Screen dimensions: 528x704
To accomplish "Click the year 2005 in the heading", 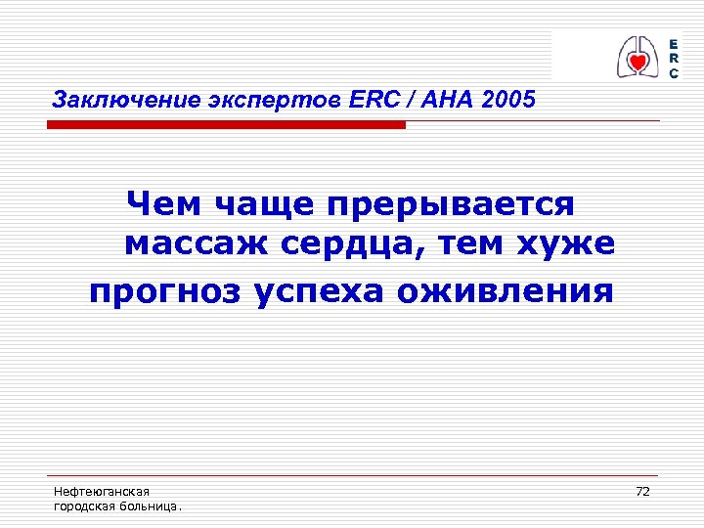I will (508, 100).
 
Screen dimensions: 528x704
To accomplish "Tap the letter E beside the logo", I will (674, 45).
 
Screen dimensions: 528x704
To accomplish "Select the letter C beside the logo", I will (674, 74).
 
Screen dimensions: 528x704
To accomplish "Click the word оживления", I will (508, 290).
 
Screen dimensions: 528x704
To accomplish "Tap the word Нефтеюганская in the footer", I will (101, 492).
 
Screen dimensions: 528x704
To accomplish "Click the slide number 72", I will (642, 491).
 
